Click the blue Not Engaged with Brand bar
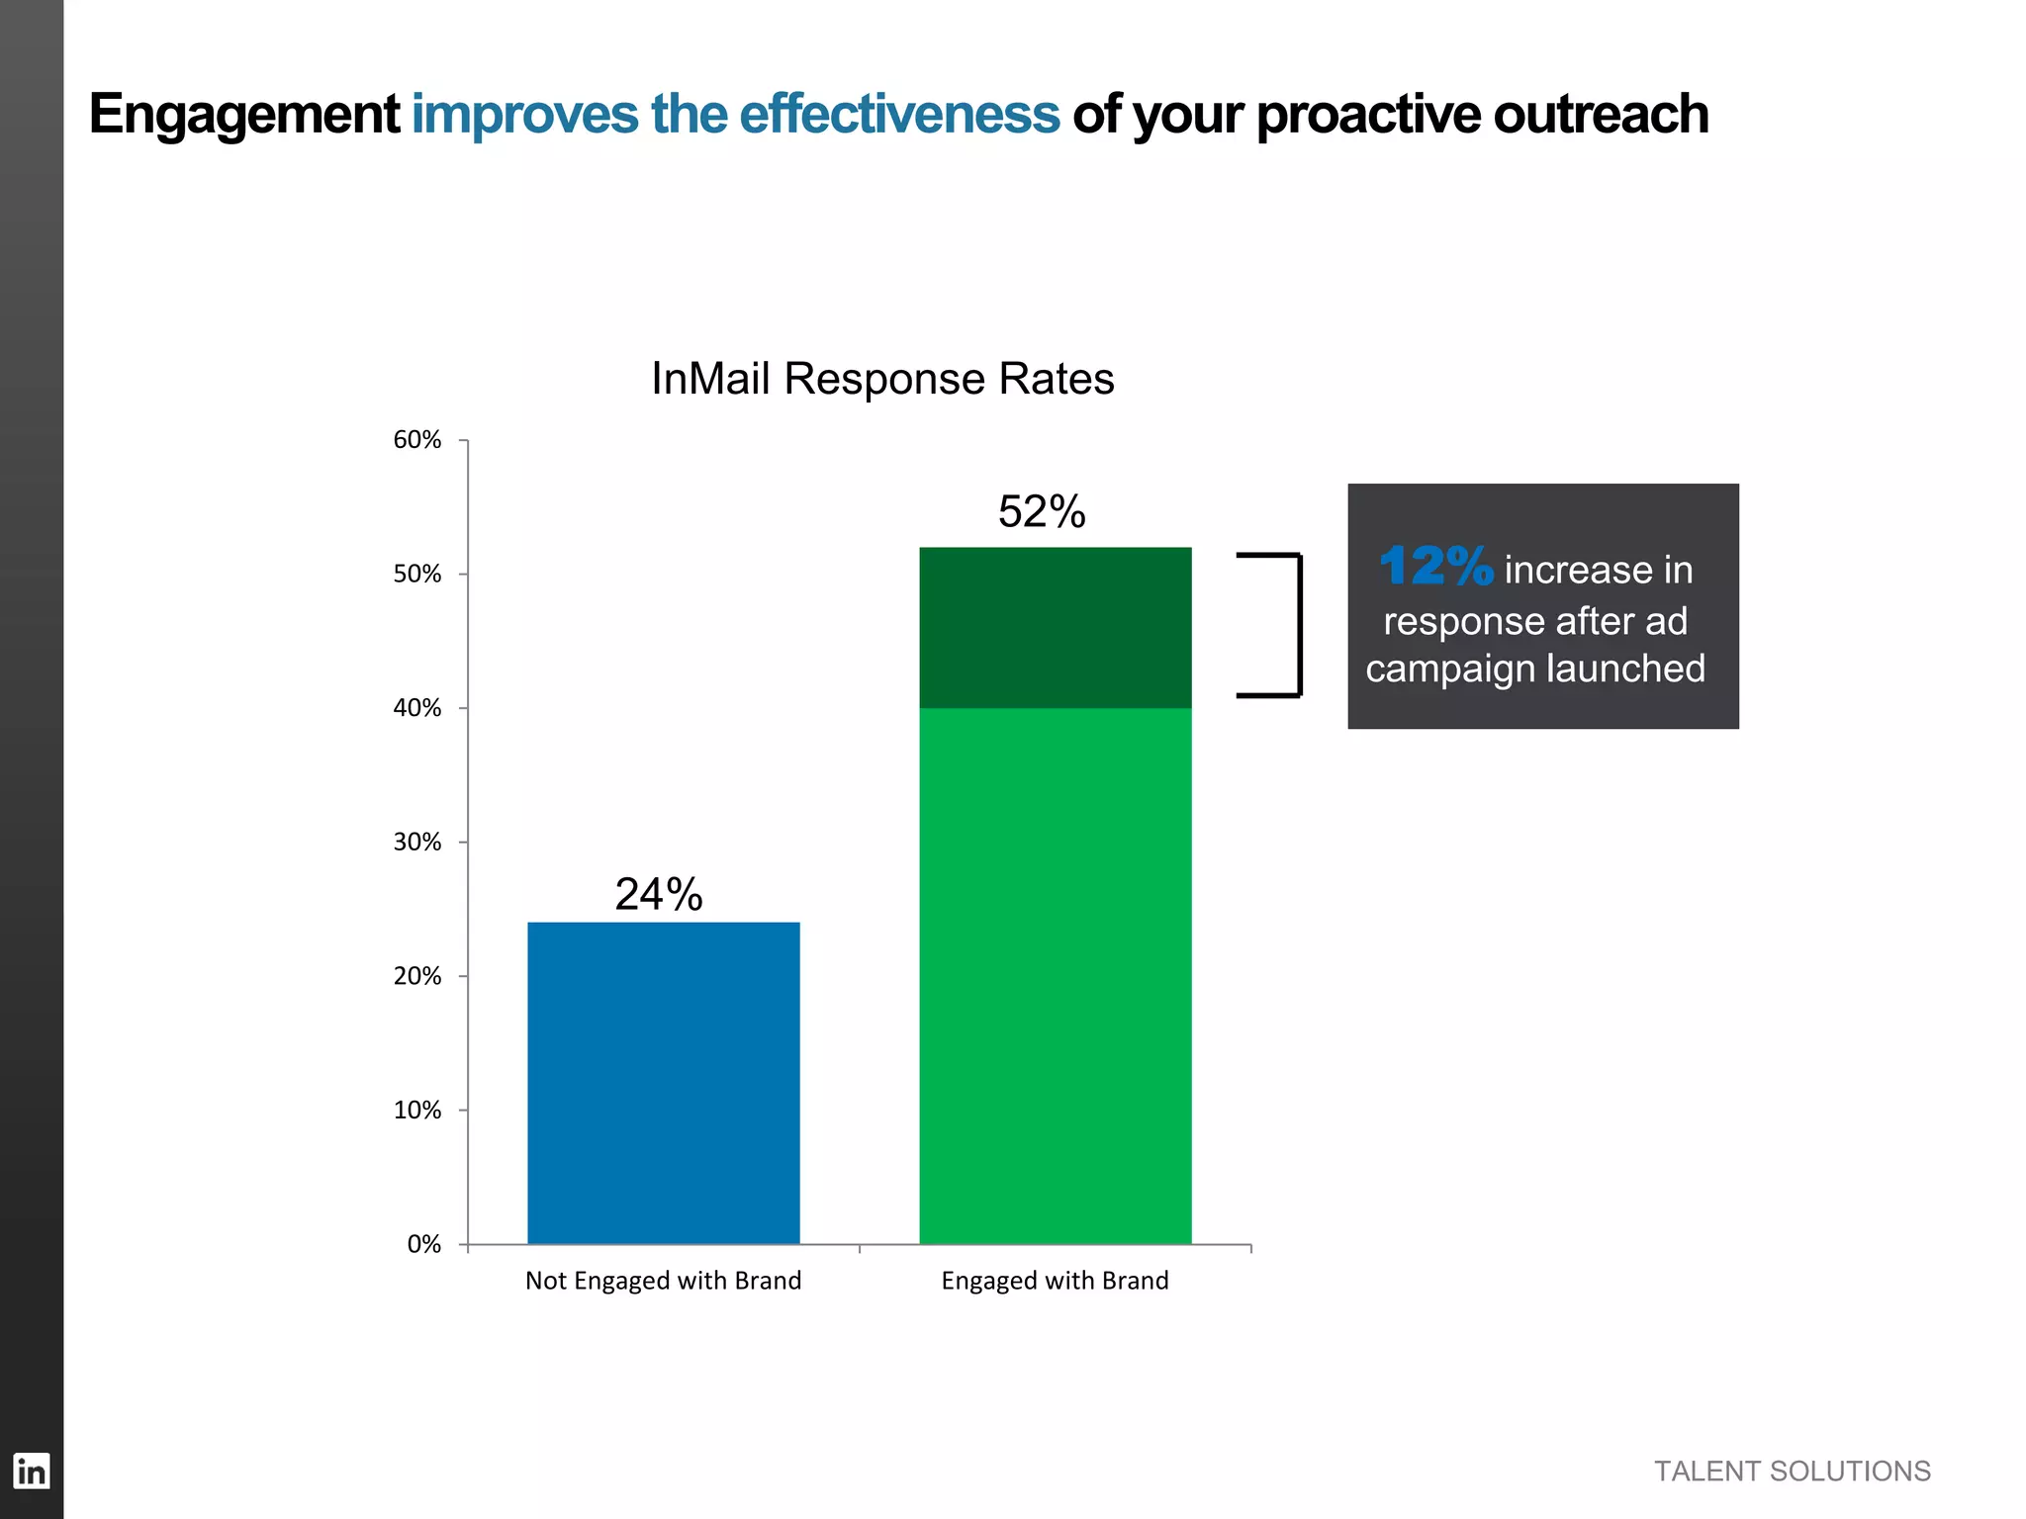click(x=663, y=1083)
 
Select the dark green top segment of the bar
click(x=1055, y=627)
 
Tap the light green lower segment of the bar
click(x=1055, y=975)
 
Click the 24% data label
click(x=659, y=894)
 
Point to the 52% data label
click(x=1042, y=511)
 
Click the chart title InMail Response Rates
click(x=882, y=379)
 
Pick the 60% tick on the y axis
click(x=416, y=440)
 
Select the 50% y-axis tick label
click(x=416, y=575)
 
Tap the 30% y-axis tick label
click(x=416, y=843)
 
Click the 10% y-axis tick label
click(x=416, y=1111)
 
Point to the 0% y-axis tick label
click(x=423, y=1244)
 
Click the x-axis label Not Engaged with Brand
click(x=663, y=1281)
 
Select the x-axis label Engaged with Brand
click(x=1055, y=1281)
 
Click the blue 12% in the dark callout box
click(x=1435, y=567)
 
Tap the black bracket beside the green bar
click(x=1297, y=625)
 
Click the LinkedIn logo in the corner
click(x=31, y=1472)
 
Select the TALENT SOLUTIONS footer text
click(x=1792, y=1472)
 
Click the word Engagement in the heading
click(x=243, y=115)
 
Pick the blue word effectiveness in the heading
click(x=898, y=114)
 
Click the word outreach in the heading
click(x=1600, y=114)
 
